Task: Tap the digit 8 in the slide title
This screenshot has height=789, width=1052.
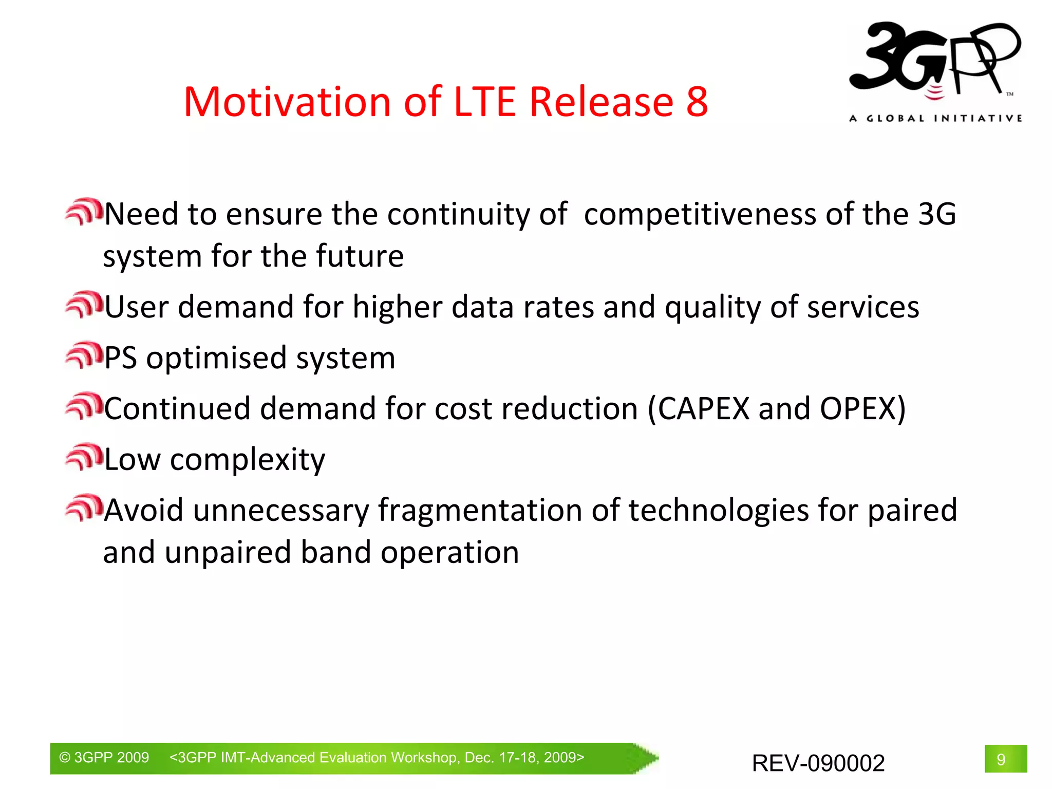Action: [x=697, y=102]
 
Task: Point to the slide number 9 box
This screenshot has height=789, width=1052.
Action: [x=1005, y=759]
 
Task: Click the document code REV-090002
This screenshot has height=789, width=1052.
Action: [x=818, y=763]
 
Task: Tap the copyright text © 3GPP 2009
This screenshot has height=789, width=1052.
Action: [x=104, y=758]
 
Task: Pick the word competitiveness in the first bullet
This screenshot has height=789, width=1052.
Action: [x=699, y=214]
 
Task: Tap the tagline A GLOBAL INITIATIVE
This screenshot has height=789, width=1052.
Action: [x=935, y=119]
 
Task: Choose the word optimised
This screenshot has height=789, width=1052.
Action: [x=216, y=359]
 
